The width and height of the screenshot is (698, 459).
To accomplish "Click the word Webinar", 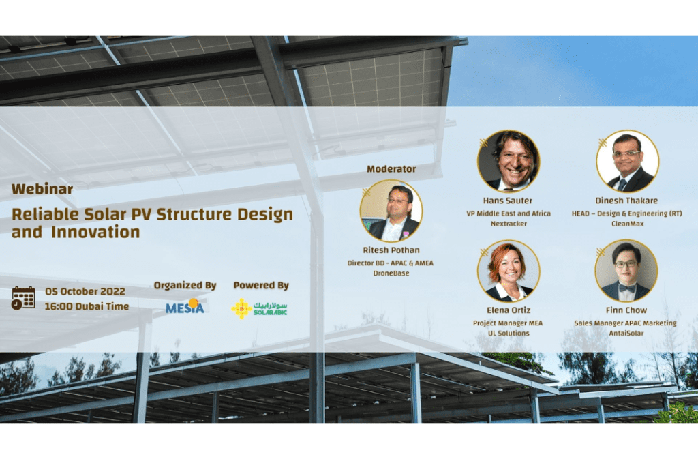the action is (42, 189).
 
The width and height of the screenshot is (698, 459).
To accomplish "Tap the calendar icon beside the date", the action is (23, 298).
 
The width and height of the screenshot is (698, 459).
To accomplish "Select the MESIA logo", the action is (185, 306).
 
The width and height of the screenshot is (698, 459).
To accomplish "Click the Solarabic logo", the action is (260, 308).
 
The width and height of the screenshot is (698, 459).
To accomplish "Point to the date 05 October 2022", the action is (85, 292).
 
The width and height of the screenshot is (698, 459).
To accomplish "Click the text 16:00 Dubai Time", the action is (87, 306).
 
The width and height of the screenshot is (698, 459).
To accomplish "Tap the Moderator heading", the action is (391, 169).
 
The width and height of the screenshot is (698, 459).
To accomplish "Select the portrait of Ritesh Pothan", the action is (391, 211).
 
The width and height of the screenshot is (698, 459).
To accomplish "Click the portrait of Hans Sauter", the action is (509, 161).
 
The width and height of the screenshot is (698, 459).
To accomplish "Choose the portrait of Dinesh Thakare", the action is (627, 161).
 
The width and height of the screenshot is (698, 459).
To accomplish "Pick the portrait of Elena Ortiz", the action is (509, 271).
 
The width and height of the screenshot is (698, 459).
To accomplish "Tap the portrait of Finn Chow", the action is (626, 271).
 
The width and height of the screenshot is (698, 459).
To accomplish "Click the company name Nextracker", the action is (509, 224).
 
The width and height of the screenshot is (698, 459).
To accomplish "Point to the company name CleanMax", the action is (627, 224).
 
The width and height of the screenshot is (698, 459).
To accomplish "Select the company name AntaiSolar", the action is (626, 333).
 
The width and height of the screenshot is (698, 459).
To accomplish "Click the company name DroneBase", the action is (391, 273).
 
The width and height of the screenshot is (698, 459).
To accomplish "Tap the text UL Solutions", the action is (509, 333).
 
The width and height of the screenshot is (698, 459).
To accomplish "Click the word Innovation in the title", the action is (95, 232).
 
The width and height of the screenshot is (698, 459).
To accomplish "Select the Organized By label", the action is (185, 285).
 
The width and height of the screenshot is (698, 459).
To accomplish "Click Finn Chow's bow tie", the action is (626, 288).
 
